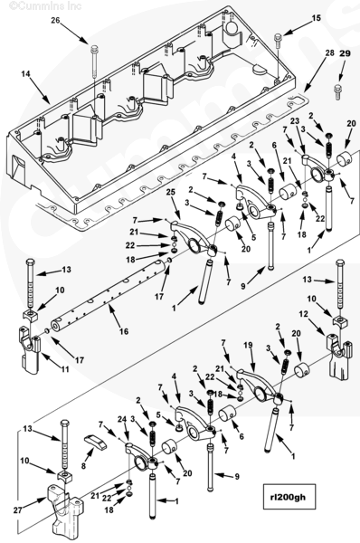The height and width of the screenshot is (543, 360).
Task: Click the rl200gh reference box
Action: point(289,496)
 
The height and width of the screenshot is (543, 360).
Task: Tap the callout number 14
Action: point(25,74)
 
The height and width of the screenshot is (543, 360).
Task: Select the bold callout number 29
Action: point(345,53)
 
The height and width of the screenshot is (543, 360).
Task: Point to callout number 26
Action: point(56,21)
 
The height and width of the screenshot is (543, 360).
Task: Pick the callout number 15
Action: point(317,18)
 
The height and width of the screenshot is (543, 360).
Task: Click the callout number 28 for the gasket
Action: point(329,52)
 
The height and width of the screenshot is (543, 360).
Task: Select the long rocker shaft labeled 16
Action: point(109,294)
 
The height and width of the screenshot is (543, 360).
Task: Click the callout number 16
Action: point(124,331)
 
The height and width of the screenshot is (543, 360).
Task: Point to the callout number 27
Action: point(18,510)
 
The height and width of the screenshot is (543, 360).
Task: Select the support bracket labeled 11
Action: point(30,349)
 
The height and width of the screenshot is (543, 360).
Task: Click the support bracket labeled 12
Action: point(339,358)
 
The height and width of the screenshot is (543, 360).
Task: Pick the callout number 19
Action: point(248,345)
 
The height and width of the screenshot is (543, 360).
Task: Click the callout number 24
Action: point(121,420)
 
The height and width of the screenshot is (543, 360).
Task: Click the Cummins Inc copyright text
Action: point(45,6)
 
